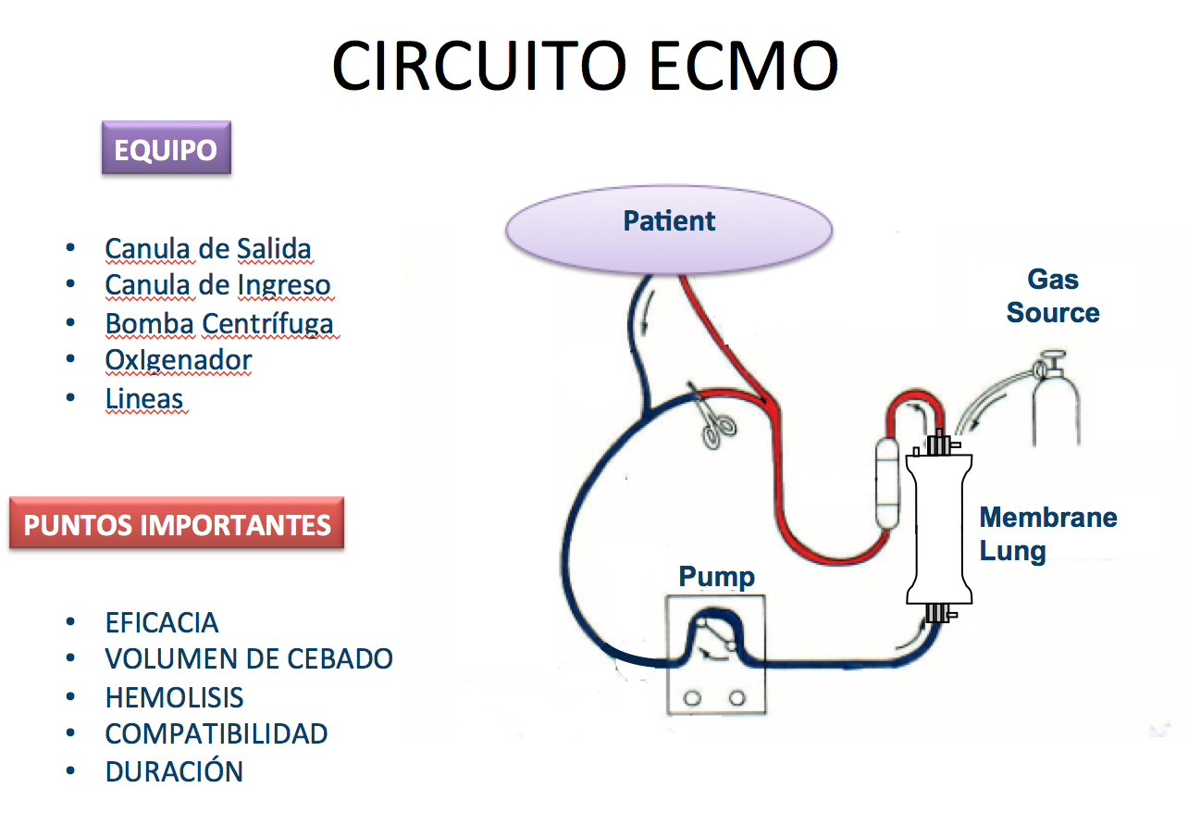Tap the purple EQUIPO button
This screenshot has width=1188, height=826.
click(166, 149)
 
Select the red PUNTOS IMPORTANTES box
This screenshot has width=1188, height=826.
click(177, 524)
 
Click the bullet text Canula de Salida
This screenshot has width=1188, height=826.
click(207, 249)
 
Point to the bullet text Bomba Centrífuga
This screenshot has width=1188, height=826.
click(218, 324)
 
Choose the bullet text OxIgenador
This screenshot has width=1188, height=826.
click(178, 360)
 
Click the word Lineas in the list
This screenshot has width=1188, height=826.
click(144, 398)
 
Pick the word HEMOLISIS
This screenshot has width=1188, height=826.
click(174, 696)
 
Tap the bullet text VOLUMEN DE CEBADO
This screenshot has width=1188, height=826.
click(249, 658)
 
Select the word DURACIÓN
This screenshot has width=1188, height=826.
click(174, 771)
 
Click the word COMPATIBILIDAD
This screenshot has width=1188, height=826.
click(217, 733)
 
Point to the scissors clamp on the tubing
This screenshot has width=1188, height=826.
click(713, 419)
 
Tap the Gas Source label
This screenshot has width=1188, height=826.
click(1053, 295)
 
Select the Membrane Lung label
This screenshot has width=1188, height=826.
click(1047, 533)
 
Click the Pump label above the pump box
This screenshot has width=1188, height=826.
click(716, 576)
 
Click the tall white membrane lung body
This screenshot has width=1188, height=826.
click(939, 528)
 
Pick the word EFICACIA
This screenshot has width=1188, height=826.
click(162, 621)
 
